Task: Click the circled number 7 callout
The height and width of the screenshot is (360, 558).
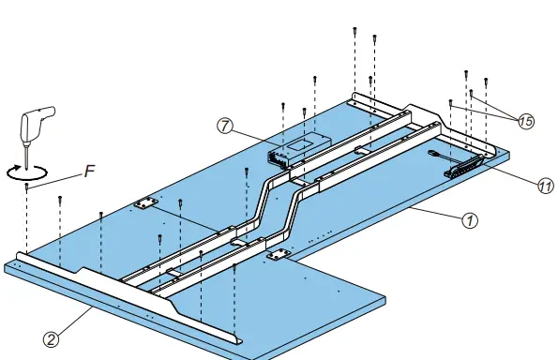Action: coord(225,126)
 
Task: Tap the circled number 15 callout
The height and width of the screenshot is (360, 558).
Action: coord(526,121)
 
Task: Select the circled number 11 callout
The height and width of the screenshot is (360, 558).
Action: coord(545,186)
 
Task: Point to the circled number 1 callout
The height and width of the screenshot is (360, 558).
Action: coord(470,220)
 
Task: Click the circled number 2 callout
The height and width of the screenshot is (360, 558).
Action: coord(52,339)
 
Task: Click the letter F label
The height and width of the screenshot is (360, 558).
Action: coord(90,171)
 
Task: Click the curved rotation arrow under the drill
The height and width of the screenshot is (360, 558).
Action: coord(26,172)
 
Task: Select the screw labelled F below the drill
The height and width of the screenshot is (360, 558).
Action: coord(26,187)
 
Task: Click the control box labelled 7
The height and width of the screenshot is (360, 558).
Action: coord(299,149)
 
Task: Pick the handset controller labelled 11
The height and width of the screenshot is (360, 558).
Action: coord(463,166)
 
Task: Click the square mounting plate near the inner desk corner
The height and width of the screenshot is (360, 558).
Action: coord(279,255)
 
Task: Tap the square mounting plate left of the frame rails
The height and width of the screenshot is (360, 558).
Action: coord(146,203)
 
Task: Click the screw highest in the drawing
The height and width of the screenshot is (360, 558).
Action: coord(354,31)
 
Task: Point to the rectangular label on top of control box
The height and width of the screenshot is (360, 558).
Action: coord(301,143)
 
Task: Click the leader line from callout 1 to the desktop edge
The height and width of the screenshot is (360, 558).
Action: coord(436,213)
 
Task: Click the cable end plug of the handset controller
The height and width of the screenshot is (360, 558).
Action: coord(433,154)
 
